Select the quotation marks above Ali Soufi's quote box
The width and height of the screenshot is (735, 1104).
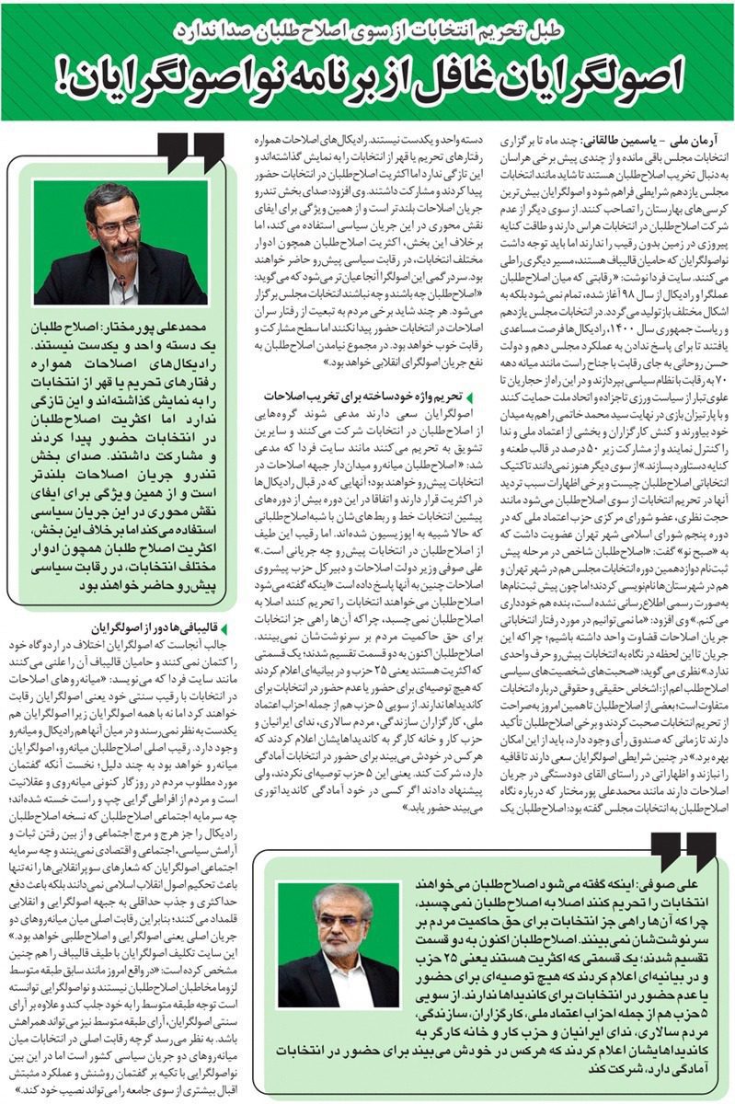pos(682,851)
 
